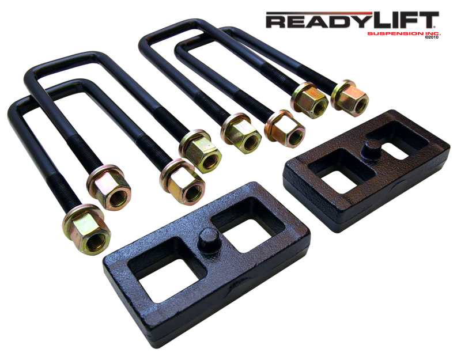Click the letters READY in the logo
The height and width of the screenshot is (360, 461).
click(319, 21)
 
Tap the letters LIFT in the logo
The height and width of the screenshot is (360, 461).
click(405, 20)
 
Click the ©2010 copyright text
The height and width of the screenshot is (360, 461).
click(431, 37)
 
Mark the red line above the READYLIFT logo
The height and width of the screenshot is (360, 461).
click(319, 13)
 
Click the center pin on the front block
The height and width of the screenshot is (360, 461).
click(209, 239)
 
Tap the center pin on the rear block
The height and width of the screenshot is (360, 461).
click(371, 149)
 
